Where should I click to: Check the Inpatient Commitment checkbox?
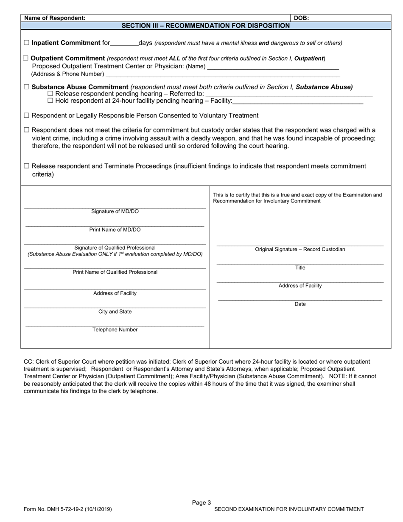(x=27, y=43)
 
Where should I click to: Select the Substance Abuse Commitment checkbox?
(x=27, y=87)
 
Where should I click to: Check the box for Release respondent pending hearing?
(x=50, y=94)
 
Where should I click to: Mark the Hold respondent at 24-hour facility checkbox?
(x=50, y=101)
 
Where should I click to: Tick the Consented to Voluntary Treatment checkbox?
(x=27, y=115)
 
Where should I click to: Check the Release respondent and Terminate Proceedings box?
(x=27, y=166)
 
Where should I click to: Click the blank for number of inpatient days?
(x=124, y=43)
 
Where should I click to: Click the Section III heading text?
(x=206, y=25)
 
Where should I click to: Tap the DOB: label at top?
(x=301, y=18)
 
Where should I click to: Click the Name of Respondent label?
(x=55, y=18)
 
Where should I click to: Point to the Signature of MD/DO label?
(x=115, y=211)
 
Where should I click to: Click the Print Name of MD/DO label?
(x=115, y=230)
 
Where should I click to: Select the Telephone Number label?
(x=115, y=330)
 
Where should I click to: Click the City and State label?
(x=115, y=312)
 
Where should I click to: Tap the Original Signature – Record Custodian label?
(x=300, y=250)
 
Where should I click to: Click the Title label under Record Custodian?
(x=300, y=268)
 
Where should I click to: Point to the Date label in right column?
(x=300, y=304)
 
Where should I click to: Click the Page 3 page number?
(x=201, y=503)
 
